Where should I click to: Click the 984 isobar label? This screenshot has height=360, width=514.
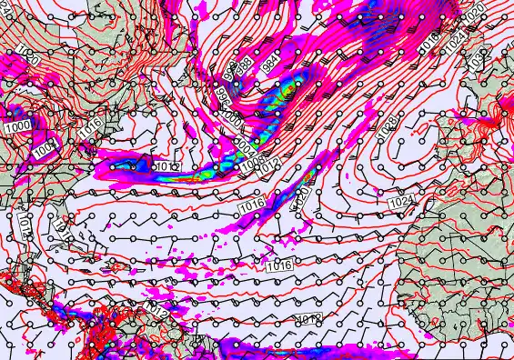pyautogui.click(x=270, y=64)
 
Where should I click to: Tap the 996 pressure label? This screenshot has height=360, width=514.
pyautogui.click(x=222, y=94)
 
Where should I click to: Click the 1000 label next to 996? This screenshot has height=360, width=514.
pyautogui.click(x=233, y=117)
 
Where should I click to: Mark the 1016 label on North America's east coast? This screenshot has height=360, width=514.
pyautogui.click(x=88, y=131)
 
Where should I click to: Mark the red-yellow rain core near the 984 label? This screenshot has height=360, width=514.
pyautogui.click(x=284, y=88)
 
